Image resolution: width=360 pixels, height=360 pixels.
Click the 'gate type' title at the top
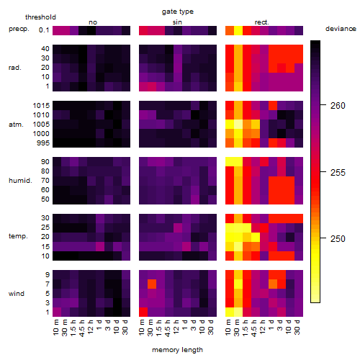coord(178,12)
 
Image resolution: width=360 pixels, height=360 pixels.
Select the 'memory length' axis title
coord(177,350)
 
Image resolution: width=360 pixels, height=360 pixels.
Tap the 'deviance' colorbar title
coord(341,29)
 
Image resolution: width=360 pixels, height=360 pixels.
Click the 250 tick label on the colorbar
coord(338,239)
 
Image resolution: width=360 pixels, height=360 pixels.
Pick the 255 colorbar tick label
coord(338,173)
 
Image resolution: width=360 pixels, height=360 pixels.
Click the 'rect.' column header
coord(261,22)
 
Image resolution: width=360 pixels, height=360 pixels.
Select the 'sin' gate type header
coord(177,22)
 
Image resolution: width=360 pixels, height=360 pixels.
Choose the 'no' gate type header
coord(93,22)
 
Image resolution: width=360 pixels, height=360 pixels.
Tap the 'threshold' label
coord(40,17)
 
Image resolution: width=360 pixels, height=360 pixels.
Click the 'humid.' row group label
coord(20,181)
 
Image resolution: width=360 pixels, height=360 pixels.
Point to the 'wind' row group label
coord(17,294)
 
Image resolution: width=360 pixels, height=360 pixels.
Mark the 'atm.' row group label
coord(16,125)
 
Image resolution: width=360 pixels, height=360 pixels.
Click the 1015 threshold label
coord(41,106)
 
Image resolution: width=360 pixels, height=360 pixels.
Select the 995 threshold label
coord(43,143)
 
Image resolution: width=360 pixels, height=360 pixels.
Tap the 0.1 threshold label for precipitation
coord(44,30)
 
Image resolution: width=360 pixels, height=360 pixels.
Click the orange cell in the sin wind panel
coord(152,284)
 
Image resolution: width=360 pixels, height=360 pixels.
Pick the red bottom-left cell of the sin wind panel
coord(143,312)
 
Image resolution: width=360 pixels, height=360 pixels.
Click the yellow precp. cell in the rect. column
coord(238,31)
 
